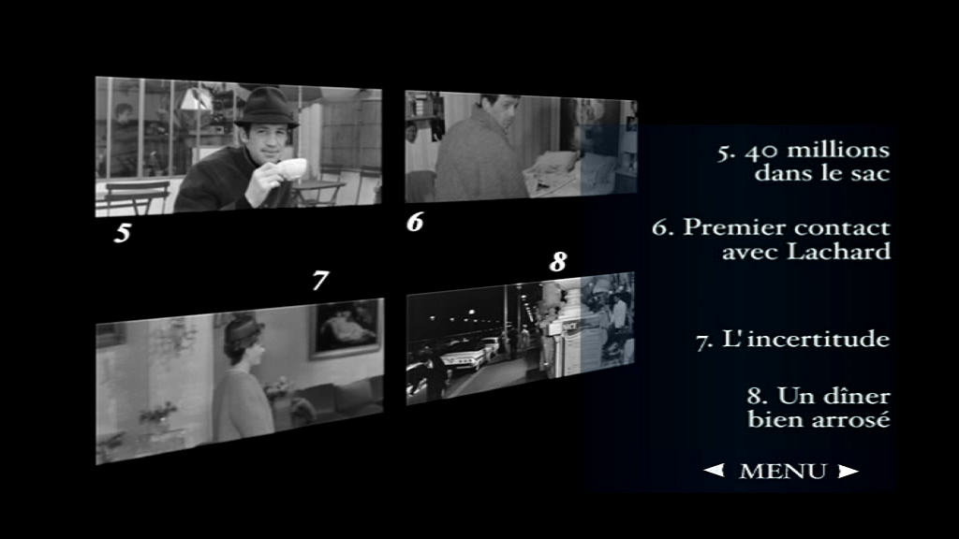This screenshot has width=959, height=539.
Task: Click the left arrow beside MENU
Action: point(714,470)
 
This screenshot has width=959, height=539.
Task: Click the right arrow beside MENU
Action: point(848,471)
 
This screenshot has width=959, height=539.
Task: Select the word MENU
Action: point(783,472)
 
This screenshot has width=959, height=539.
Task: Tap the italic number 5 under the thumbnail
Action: point(123,233)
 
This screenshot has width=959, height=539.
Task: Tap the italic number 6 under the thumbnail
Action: point(415,222)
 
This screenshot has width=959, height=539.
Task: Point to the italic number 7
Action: point(320,281)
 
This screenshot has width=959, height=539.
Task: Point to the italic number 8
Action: point(558,262)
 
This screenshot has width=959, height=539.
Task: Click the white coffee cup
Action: point(291,168)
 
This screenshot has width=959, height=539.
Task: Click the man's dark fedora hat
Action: point(267,108)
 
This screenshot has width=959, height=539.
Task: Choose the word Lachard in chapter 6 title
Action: point(838,251)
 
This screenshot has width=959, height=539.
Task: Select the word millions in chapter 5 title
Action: point(838,151)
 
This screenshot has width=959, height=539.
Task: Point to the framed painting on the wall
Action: point(346,328)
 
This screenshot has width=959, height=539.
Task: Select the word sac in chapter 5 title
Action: point(872,174)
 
